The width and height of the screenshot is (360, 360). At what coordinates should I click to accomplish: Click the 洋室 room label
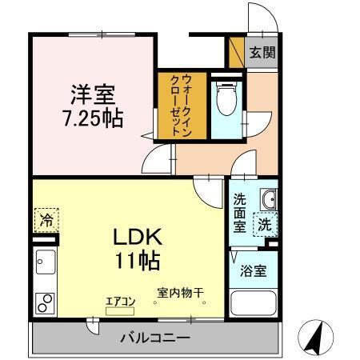(x=91, y=94)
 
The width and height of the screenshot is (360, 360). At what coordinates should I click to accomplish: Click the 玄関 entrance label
(x=262, y=53)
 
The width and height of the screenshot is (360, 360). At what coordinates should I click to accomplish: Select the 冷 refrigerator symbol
(x=46, y=218)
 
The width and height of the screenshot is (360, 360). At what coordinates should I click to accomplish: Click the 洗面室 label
(x=239, y=214)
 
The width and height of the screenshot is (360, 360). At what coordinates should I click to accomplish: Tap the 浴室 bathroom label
(x=254, y=272)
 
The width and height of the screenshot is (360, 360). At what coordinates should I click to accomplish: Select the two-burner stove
(x=45, y=302)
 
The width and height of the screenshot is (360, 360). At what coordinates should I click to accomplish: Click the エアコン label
(x=121, y=302)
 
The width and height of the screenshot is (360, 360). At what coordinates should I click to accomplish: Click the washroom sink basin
(x=267, y=198)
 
